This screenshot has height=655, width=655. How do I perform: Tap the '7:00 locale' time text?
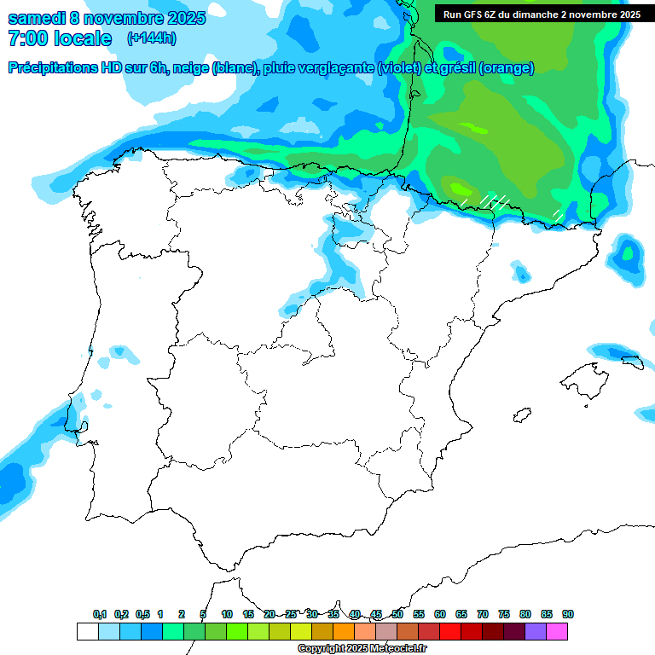59,38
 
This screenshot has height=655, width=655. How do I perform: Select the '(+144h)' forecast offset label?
152,38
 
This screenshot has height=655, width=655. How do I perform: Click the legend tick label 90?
568,614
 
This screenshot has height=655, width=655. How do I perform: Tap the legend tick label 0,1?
100,614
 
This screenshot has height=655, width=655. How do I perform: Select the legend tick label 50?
397,614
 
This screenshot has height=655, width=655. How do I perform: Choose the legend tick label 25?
291,614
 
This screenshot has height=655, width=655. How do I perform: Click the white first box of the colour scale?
87,631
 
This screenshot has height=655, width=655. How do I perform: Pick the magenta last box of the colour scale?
557,631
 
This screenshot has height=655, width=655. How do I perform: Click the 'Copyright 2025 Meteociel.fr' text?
362,649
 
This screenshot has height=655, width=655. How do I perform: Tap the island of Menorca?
631,362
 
